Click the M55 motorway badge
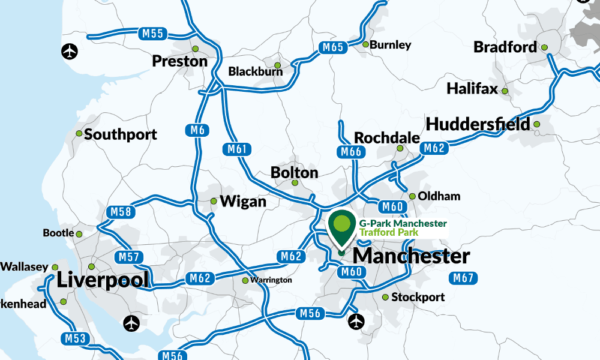(154, 34)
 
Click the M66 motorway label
(350, 152)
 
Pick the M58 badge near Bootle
(121, 212)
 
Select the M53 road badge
(76, 338)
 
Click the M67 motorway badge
(463, 278)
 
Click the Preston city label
(179, 61)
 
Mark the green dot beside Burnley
(365, 44)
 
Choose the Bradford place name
(505, 47)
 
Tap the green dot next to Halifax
(505, 91)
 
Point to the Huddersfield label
(478, 124)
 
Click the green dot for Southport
(79, 134)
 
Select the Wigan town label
(243, 202)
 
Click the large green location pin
(341, 227)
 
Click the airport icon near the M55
(70, 52)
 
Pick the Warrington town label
(271, 280)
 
